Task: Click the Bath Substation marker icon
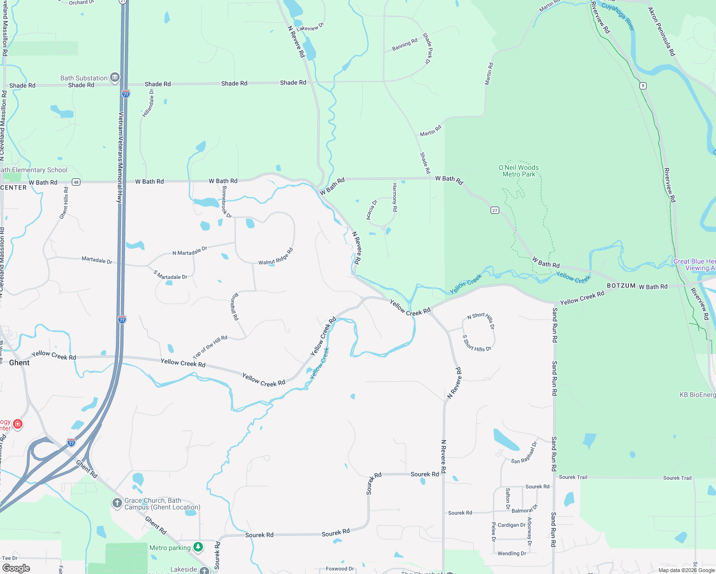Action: [114, 77]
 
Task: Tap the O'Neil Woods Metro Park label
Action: [518, 171]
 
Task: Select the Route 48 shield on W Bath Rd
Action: [76, 182]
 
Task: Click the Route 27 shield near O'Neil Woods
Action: [495, 210]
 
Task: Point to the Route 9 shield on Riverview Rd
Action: [643, 86]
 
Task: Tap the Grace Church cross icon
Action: [117, 503]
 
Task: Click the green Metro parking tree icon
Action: [198, 547]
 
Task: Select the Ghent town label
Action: [19, 363]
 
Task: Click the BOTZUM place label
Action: [621, 286]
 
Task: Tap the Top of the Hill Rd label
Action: [210, 347]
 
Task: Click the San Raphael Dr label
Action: [524, 453]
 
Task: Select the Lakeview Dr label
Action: [310, 28]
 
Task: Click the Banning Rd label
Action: [404, 44]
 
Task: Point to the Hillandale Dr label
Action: [148, 103]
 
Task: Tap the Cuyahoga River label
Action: [617, 16]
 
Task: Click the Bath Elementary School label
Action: [34, 170]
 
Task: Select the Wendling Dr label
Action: [512, 553]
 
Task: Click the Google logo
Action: [16, 568]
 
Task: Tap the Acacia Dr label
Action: [371, 210]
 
